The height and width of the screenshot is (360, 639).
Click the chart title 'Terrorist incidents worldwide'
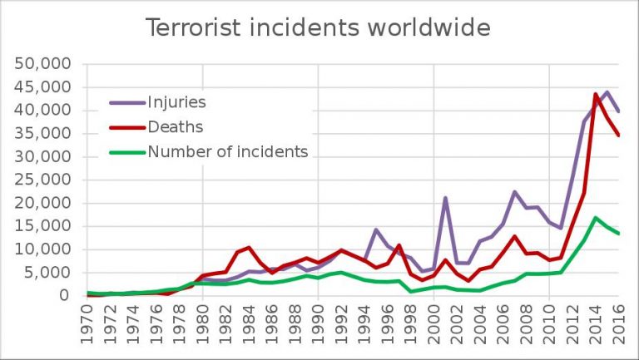[x=319, y=27]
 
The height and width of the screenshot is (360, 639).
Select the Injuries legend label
[x=176, y=103]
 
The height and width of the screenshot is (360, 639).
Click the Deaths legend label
[x=175, y=127]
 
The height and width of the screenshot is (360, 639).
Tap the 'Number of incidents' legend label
[x=227, y=151]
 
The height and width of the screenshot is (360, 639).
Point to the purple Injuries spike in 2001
[x=446, y=198]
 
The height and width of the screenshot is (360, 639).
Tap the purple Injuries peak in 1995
[x=376, y=229]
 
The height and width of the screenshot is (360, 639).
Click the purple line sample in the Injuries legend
[x=126, y=104]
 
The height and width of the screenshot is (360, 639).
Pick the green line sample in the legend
[x=126, y=152]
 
